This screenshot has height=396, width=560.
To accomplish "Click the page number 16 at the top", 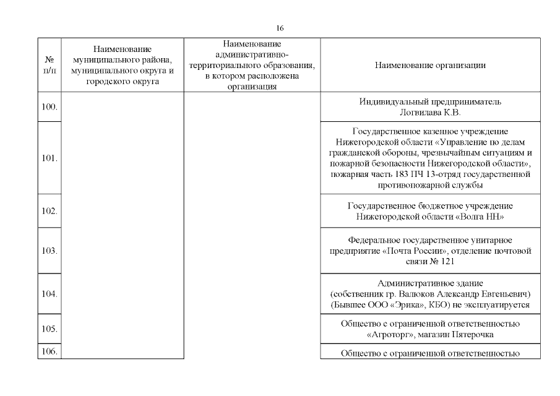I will pyautogui.click(x=280, y=28).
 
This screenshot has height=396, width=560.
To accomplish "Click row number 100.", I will pyautogui.click(x=50, y=107).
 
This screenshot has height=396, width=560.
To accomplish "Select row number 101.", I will pyautogui.click(x=50, y=158).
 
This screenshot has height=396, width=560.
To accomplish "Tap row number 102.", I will pyautogui.click(x=50, y=210).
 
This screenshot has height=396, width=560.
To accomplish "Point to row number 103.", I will pyautogui.click(x=50, y=251).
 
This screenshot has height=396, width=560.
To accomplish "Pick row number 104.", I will pyautogui.click(x=50, y=293).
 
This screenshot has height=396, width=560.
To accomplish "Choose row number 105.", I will pyautogui.click(x=50, y=329).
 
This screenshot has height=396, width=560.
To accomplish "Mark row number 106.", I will pyautogui.click(x=50, y=352).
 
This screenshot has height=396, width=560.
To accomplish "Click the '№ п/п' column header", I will pyautogui.click(x=50, y=65).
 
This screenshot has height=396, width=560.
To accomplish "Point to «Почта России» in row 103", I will pyautogui.click(x=411, y=251).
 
